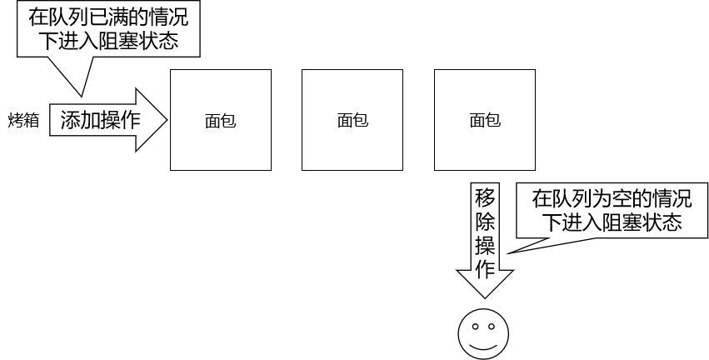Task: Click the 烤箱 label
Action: click(23, 120)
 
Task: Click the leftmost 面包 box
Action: click(220, 120)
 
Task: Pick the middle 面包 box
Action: click(352, 120)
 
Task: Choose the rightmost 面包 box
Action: click(485, 120)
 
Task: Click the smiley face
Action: click(482, 334)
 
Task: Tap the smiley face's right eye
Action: click(492, 325)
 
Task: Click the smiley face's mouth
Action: click(482, 344)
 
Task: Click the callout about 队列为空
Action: click(612, 211)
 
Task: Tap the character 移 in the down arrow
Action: click(485, 197)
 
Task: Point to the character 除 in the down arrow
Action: click(485, 221)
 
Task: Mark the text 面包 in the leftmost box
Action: click(220, 121)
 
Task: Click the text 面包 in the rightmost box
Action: click(485, 121)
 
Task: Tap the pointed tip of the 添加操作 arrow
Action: click(167, 120)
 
